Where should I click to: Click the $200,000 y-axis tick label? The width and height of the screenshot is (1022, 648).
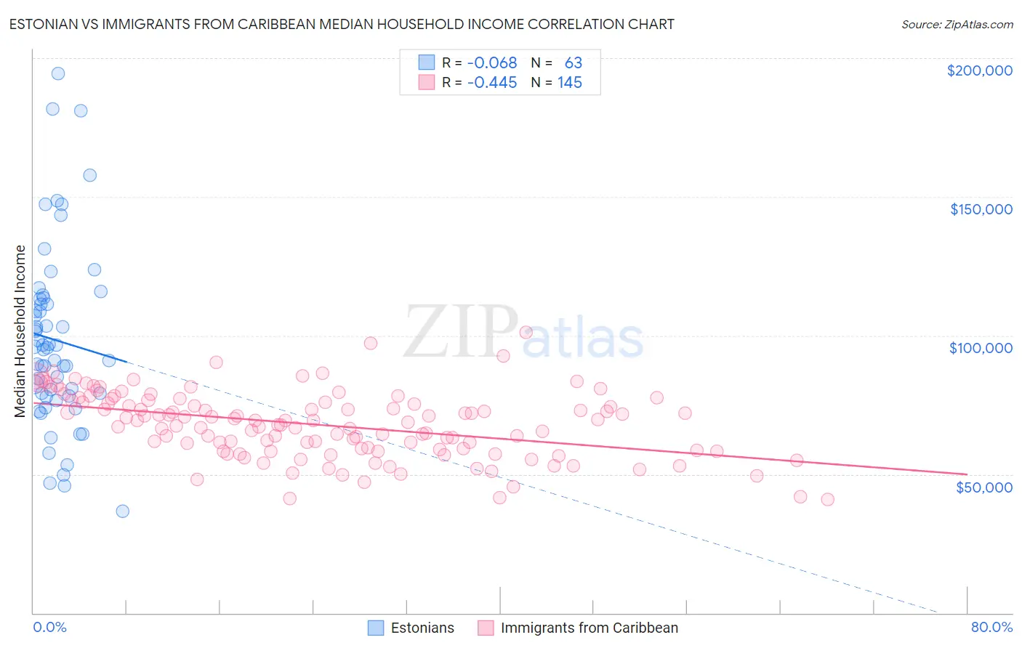pos(979,70)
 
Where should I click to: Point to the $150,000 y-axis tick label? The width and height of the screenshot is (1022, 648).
pos(981,209)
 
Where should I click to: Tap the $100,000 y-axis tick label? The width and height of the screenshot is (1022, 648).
pos(981,348)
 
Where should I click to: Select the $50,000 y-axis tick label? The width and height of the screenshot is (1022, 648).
pos(983,487)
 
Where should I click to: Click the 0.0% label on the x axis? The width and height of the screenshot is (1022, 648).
pos(49,627)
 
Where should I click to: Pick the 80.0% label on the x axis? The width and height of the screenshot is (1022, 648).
pos(991,627)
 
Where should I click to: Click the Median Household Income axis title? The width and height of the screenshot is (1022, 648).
pos(20,331)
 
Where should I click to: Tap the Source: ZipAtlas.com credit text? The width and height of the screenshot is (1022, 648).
pos(957,24)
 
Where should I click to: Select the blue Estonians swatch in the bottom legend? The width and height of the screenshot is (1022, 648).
pos(376,628)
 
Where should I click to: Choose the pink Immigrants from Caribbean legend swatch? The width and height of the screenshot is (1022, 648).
pos(486,628)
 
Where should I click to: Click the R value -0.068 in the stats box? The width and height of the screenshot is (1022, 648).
pos(491,62)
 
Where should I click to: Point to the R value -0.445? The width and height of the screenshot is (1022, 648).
pos(491,82)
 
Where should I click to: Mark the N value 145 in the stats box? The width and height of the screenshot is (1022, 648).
pos(570,82)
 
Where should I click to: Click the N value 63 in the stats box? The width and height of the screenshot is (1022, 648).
pos(574,62)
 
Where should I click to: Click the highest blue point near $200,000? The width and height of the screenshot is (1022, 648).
pos(58,73)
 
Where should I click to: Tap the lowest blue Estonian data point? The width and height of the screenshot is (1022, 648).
pos(123,511)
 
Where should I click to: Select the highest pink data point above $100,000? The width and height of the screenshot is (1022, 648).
pos(526,332)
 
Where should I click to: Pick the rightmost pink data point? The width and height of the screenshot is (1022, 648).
pos(827,499)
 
